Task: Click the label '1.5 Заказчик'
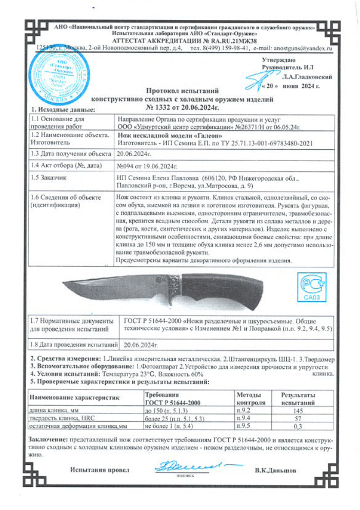[48, 178]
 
